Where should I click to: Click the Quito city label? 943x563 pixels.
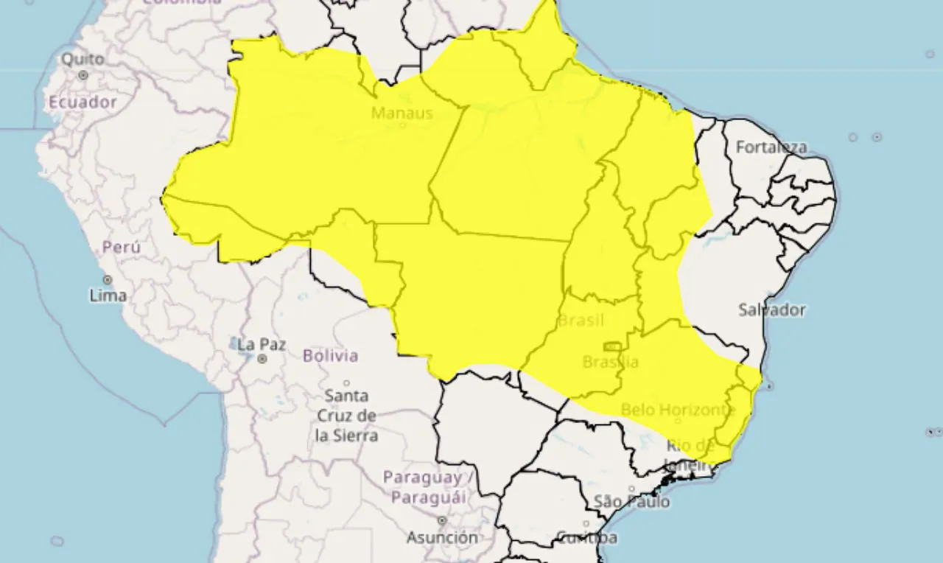(83, 58)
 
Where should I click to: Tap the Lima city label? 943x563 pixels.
(108, 296)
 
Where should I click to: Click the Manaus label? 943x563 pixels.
(402, 113)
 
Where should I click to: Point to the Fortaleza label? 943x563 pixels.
(771, 147)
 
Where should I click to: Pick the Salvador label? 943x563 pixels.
(772, 310)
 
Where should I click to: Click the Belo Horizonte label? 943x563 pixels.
(678, 409)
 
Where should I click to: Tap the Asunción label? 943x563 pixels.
(441, 537)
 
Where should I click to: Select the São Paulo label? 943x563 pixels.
(632, 502)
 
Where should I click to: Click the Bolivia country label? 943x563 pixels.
(330, 356)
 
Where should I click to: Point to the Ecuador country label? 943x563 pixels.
(83, 102)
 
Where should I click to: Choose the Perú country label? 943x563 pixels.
(122, 248)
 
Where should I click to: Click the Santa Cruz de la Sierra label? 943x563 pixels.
(347, 415)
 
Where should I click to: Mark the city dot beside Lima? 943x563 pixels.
(108, 280)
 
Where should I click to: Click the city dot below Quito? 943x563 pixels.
(83, 75)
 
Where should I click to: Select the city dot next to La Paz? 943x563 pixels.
(262, 359)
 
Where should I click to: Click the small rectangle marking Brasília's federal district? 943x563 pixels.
(611, 346)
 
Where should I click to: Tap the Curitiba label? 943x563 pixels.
(586, 537)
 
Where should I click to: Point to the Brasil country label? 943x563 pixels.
(581, 321)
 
